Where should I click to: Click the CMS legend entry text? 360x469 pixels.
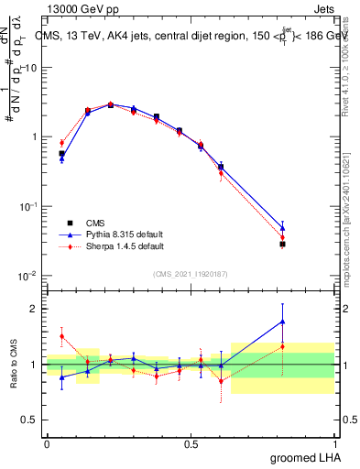[x=95, y=223]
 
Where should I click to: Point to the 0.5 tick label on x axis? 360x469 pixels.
[x=191, y=444]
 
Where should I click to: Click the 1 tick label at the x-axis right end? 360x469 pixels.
[x=335, y=444]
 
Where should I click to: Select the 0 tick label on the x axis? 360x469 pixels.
[x=47, y=444]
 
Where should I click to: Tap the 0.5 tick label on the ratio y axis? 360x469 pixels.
[x=30, y=420]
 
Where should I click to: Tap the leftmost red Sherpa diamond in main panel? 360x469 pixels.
[x=61, y=142]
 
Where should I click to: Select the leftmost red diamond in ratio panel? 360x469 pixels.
[x=61, y=336]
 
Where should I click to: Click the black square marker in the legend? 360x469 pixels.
[x=70, y=223]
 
